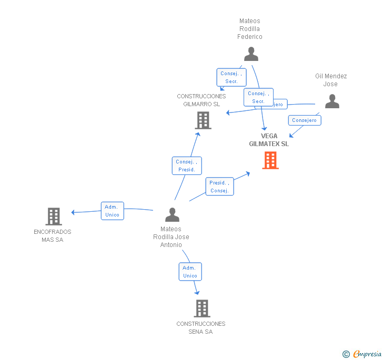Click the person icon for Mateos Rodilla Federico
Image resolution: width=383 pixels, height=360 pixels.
click(x=251, y=54)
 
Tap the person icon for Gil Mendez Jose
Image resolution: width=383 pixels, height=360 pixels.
click(x=332, y=101)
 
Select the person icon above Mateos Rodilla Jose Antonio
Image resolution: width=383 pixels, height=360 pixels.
click(x=172, y=214)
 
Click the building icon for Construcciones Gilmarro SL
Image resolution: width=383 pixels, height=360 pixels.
click(x=203, y=120)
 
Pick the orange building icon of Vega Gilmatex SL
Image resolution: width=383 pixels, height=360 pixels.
click(x=270, y=160)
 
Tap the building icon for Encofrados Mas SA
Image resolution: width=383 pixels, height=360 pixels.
click(x=54, y=216)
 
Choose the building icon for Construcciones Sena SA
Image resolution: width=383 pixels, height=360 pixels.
click(x=201, y=308)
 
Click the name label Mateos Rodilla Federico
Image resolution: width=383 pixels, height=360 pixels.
click(x=250, y=29)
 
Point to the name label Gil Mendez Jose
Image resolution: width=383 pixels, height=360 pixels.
click(x=331, y=80)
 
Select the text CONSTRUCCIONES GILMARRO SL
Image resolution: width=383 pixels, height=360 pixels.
click(x=201, y=100)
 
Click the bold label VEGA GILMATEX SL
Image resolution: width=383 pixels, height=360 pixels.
click(x=269, y=140)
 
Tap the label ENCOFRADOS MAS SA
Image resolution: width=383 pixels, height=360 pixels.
click(x=53, y=235)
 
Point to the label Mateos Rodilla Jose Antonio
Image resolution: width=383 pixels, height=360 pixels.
click(x=171, y=236)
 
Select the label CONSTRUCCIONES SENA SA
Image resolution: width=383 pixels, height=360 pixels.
click(x=201, y=327)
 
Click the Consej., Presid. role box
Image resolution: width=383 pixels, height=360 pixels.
click(x=187, y=166)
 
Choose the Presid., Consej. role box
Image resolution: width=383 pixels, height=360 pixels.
click(x=219, y=187)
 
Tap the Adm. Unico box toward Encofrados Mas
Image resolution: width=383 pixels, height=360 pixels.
click(x=112, y=211)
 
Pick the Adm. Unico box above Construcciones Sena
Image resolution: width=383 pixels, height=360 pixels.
click(x=190, y=272)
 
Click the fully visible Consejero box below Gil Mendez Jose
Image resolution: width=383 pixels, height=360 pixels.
click(x=305, y=120)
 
